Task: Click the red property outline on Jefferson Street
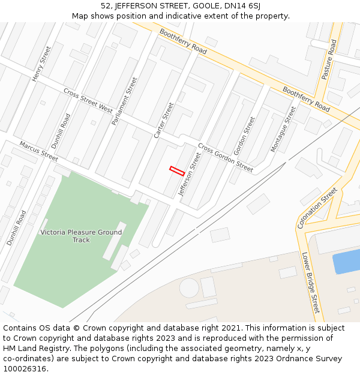pyautogui.click(x=176, y=170)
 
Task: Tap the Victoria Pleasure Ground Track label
pyautogui.click(x=81, y=236)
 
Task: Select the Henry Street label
pyautogui.click(x=41, y=64)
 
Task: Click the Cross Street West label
pyautogui.click(x=88, y=101)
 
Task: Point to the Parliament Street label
pyautogui.click(x=125, y=101)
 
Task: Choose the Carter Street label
pyautogui.click(x=164, y=120)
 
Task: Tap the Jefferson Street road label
pyautogui.click(x=190, y=174)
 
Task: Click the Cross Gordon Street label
pyautogui.click(x=226, y=158)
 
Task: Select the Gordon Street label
pyautogui.click(x=245, y=136)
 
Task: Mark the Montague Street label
pyautogui.click(x=283, y=129)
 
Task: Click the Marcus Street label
pyautogui.click(x=38, y=151)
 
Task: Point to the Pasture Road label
pyautogui.click(x=329, y=60)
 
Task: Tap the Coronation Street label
pyautogui.click(x=317, y=208)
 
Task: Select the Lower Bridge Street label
pyautogui.click(x=311, y=282)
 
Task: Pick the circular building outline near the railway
pyautogui.click(x=189, y=287)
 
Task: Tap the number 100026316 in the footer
pyautogui.click(x=26, y=368)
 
